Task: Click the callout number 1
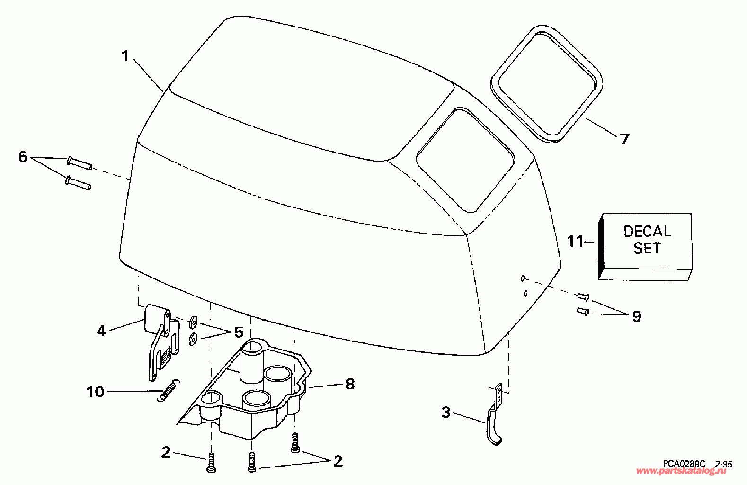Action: point(125,56)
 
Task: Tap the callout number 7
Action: point(624,139)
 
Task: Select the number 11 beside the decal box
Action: point(576,242)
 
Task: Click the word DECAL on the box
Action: point(647,232)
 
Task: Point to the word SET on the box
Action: point(647,248)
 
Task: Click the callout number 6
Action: point(23,157)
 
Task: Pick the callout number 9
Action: point(637,316)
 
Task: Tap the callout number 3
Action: point(446,412)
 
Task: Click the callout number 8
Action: point(350,384)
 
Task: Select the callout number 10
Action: point(96,392)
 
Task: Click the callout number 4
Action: point(101,331)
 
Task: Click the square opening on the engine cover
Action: point(464,160)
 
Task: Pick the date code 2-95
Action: point(723,464)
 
